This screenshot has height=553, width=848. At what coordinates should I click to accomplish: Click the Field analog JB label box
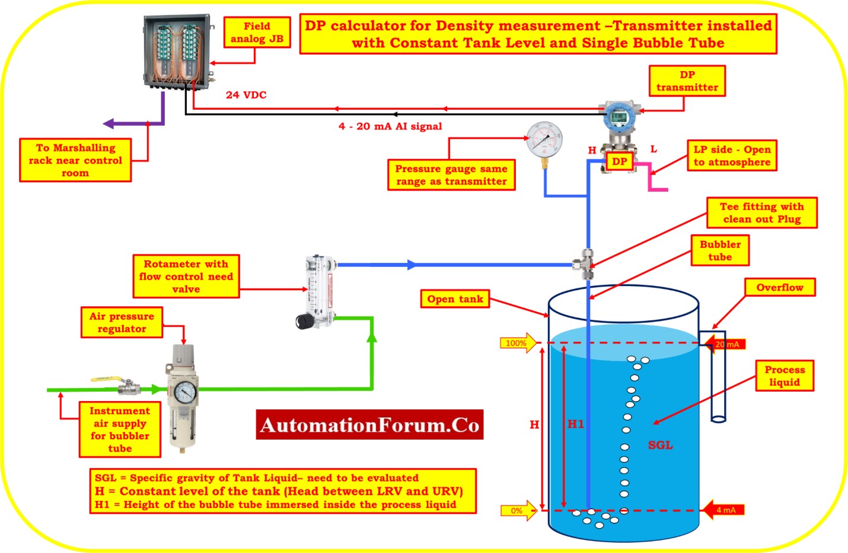click(257, 32)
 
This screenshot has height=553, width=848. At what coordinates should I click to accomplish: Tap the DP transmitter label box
click(687, 81)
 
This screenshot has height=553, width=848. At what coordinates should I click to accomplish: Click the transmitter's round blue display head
click(619, 117)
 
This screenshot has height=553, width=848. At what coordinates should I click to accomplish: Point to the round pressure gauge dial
click(544, 139)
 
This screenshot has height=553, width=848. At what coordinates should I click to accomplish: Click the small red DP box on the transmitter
click(619, 161)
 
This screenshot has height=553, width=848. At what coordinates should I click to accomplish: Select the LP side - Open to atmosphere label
click(732, 155)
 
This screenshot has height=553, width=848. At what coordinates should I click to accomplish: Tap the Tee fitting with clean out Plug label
click(761, 212)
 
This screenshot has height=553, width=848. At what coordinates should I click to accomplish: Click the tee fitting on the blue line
click(584, 264)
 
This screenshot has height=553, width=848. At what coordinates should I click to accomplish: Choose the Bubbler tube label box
click(720, 250)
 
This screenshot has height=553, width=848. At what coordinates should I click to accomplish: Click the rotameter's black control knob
click(305, 322)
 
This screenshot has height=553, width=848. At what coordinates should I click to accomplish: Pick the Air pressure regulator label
click(122, 322)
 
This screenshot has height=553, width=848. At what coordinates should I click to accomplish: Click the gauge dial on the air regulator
click(185, 392)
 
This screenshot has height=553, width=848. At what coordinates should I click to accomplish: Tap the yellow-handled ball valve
click(121, 384)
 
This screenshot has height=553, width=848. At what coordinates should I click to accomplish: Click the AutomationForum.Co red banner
click(369, 425)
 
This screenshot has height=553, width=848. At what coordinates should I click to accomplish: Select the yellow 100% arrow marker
click(518, 343)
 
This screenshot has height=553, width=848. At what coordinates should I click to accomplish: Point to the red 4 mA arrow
click(724, 510)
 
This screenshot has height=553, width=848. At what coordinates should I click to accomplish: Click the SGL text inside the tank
click(661, 445)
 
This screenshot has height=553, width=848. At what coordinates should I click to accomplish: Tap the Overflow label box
click(780, 288)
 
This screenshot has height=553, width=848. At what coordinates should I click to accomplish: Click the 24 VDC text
click(246, 95)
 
